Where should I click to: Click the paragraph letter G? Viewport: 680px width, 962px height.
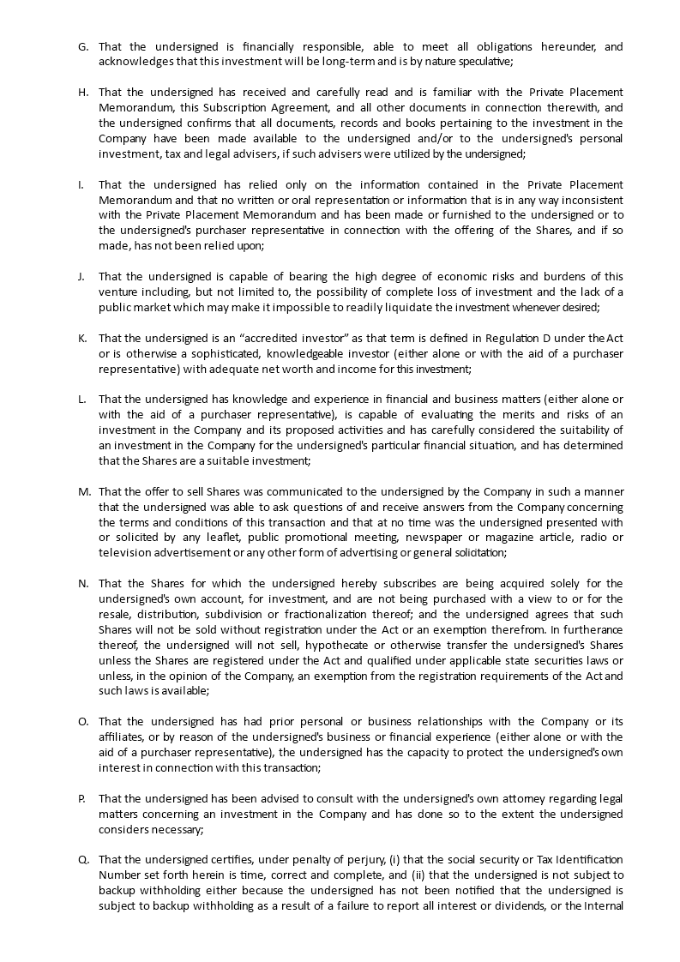point(82,46)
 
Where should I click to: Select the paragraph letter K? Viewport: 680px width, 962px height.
point(82,339)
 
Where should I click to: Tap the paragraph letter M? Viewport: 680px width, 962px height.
point(84,492)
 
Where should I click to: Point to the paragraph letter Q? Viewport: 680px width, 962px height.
point(83,860)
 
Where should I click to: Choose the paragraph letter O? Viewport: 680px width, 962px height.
point(83,722)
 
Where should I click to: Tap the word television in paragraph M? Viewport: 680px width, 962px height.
point(124,553)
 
